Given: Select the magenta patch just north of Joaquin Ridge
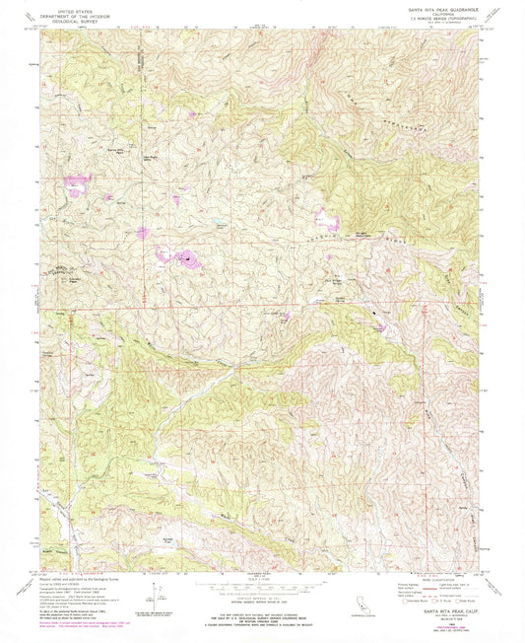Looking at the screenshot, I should pyautogui.click(x=325, y=219).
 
